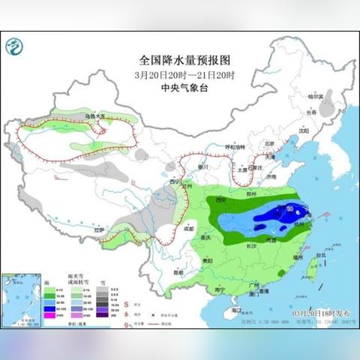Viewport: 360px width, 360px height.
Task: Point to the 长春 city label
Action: click(310, 112)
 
